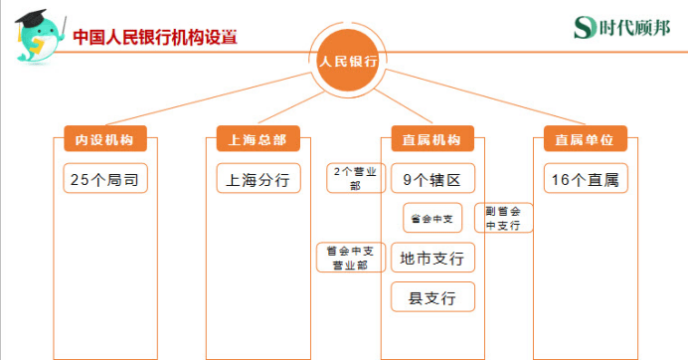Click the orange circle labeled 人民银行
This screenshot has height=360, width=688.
[x=348, y=61]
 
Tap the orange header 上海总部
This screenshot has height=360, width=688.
[x=258, y=139]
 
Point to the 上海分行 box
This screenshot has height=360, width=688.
[x=258, y=179]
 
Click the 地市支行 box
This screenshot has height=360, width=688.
[x=432, y=259]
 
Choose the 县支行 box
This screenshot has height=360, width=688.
[x=432, y=296]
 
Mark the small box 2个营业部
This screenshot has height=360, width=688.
[x=355, y=178]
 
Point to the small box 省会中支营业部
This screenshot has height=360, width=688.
[x=349, y=258]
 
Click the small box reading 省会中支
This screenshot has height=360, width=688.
[x=432, y=217]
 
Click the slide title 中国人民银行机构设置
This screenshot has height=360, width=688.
[x=155, y=39]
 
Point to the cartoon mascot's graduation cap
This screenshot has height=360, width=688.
[x=41, y=16]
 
